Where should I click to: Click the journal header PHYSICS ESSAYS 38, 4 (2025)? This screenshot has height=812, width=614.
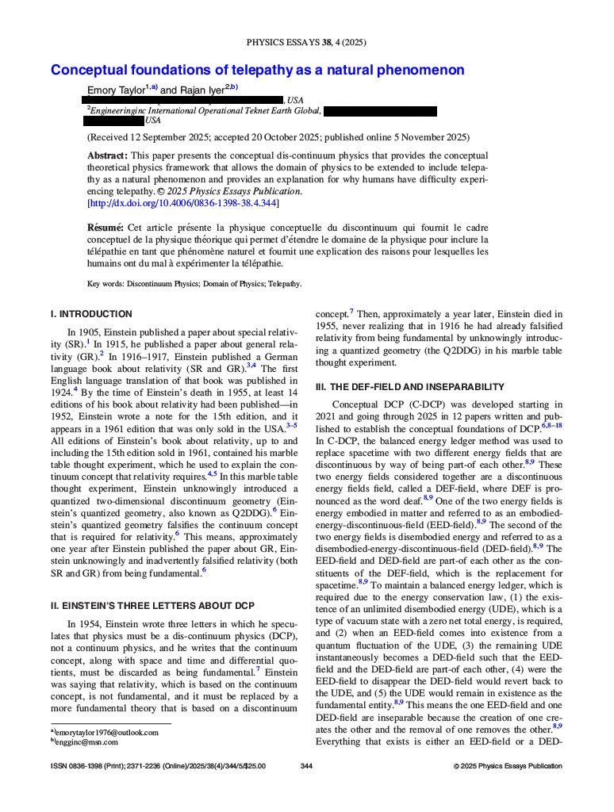pyautogui.click(x=306, y=42)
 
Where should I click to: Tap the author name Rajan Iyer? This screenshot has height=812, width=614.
pyautogui.click(x=201, y=90)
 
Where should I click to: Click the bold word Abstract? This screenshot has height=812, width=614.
pyautogui.click(x=107, y=155)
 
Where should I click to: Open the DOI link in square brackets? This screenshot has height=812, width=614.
pyautogui.click(x=183, y=203)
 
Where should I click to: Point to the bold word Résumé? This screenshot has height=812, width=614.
pyautogui.click(x=106, y=228)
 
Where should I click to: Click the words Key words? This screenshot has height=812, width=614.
pyautogui.click(x=106, y=283)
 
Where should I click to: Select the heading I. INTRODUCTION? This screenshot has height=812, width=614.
pyautogui.click(x=91, y=314)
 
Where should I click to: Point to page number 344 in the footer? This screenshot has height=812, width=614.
pyautogui.click(x=307, y=766)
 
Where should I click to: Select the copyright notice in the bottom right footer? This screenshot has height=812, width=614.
pyautogui.click(x=508, y=766)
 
